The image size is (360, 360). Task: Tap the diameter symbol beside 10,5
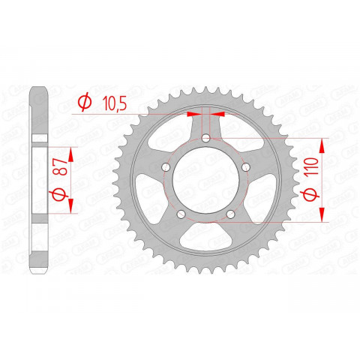pyautogui.click(x=84, y=101)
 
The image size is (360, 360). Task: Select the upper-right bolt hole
pyautogui.click(x=246, y=168)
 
